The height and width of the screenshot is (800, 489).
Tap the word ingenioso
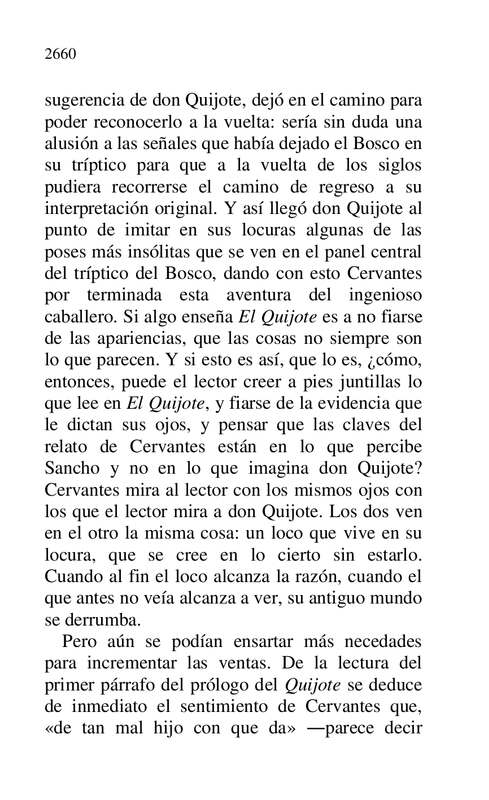coord(386,295)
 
